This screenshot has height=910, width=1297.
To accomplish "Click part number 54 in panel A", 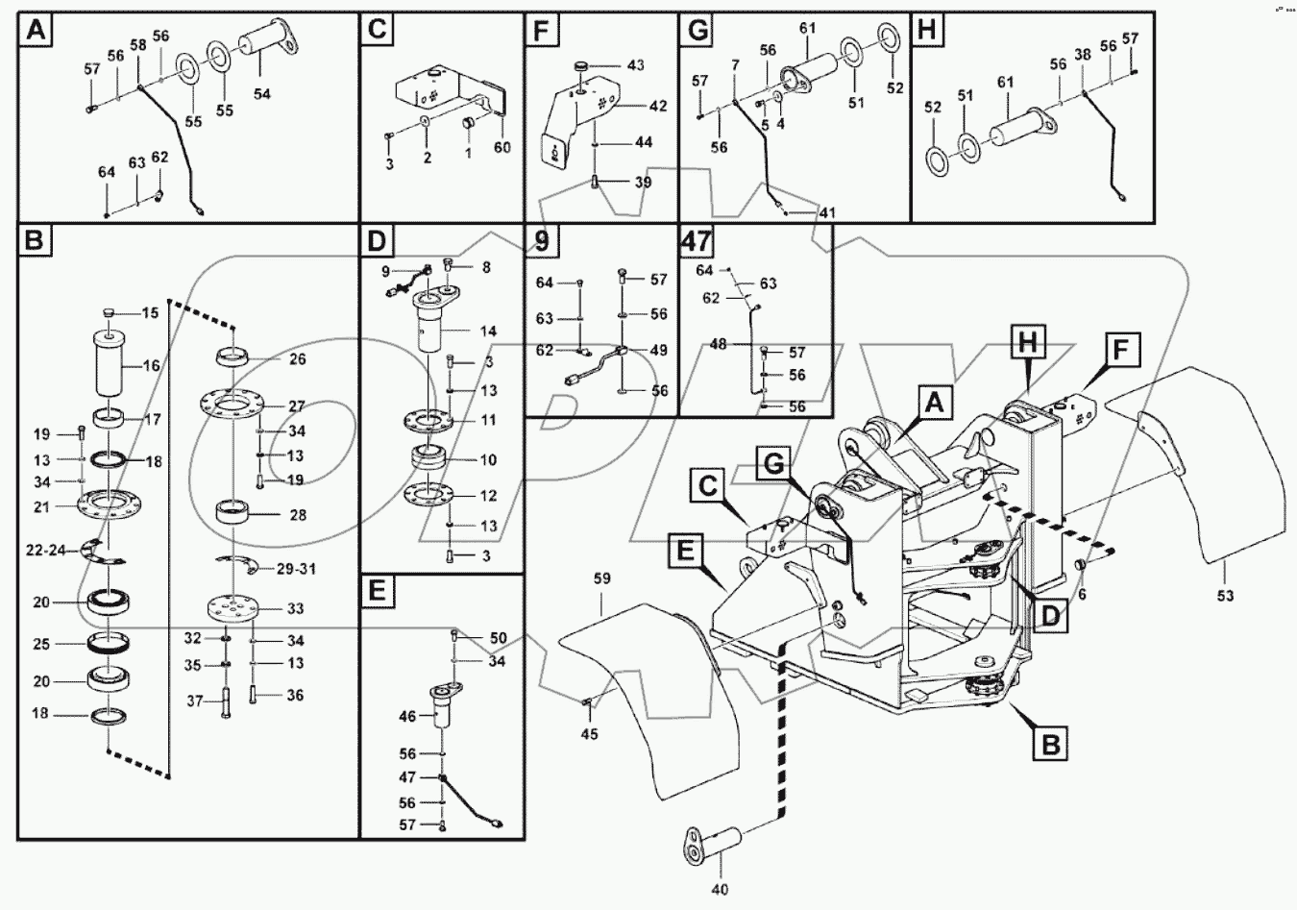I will click(262, 94).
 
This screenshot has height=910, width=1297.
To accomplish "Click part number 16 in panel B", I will click(151, 366).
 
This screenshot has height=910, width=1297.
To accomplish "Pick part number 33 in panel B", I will click(296, 608).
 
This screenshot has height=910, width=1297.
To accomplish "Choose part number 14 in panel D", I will click(488, 332).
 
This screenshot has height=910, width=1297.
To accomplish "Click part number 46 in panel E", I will click(408, 716).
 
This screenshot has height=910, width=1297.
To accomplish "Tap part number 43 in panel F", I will click(636, 65).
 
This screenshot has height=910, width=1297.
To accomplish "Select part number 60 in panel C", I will click(502, 147).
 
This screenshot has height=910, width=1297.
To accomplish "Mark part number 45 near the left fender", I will click(589, 734).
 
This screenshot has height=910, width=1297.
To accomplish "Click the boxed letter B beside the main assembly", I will click(1052, 743).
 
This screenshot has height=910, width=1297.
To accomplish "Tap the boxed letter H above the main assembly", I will click(1026, 341).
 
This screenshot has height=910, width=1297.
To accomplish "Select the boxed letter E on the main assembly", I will click(684, 551).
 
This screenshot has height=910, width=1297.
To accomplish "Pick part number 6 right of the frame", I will click(1082, 595).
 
